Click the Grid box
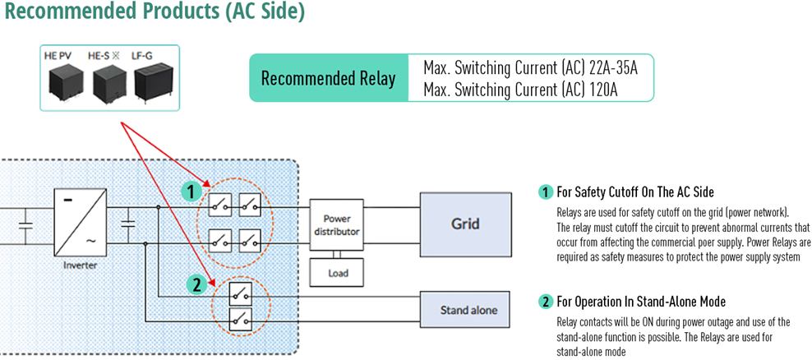tap(465, 224)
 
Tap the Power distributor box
tap(337, 225)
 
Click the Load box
tap(337, 272)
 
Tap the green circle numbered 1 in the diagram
tap(191, 193)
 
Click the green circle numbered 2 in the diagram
tap(196, 285)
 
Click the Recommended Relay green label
tap(328, 78)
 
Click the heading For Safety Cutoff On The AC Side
tap(635, 192)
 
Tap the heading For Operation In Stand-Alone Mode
tap(641, 302)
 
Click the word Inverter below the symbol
tap(81, 265)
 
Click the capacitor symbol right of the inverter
tap(127, 225)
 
